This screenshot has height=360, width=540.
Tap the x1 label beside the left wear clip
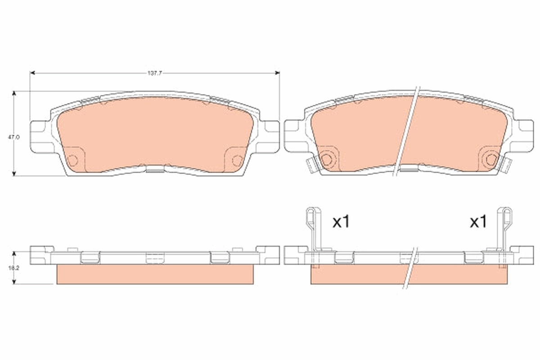pos(341,222)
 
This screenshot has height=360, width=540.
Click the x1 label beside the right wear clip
pos(478,222)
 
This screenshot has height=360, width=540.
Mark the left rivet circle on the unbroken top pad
pos(73,160)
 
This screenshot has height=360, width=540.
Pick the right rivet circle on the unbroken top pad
pos(237,160)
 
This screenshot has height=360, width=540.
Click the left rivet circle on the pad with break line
pos(327,159)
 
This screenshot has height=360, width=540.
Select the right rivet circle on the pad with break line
pos(491,159)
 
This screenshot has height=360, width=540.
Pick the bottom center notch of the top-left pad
pos(155,169)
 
